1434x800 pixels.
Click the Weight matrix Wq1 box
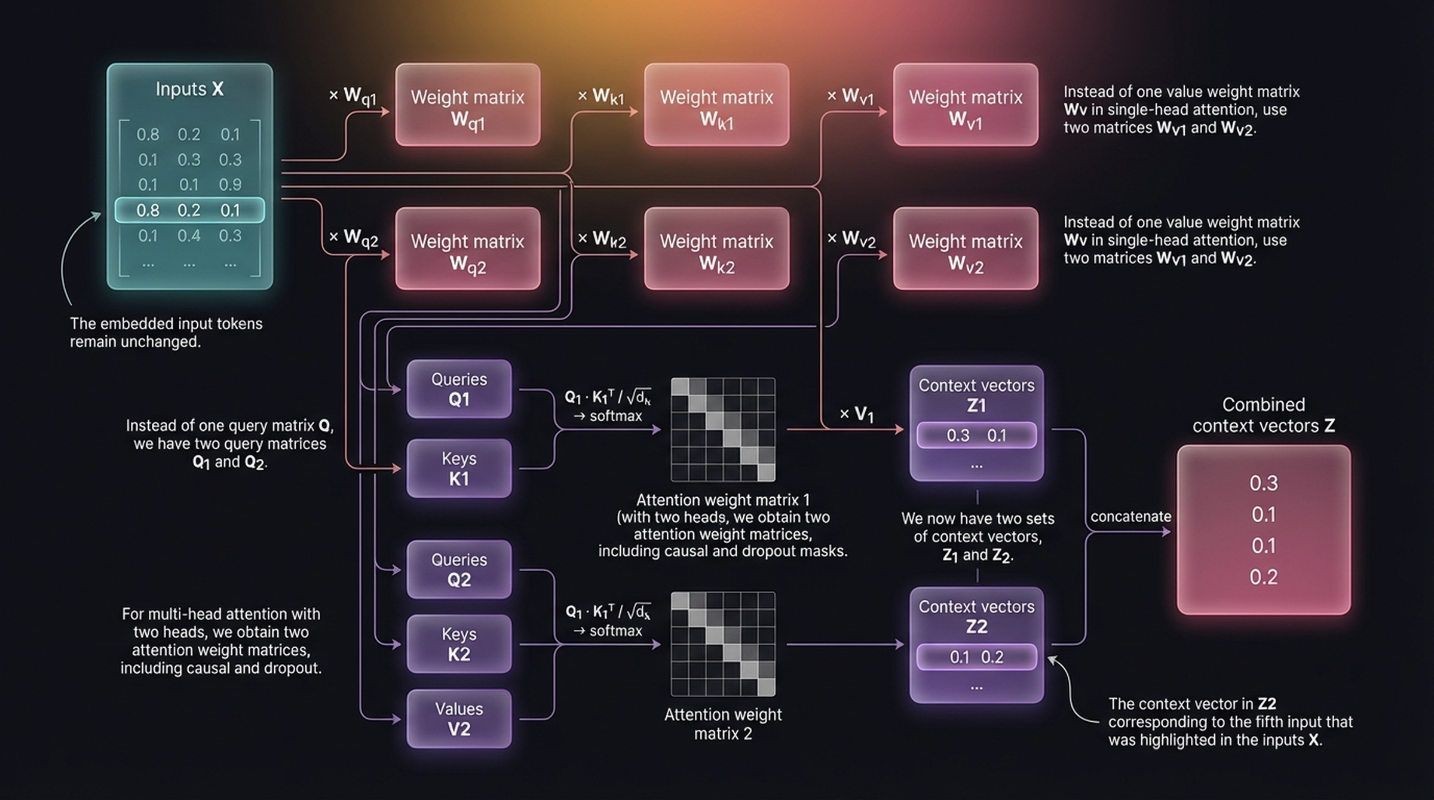467,105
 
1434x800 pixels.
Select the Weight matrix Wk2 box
716,249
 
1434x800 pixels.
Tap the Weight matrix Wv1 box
966,105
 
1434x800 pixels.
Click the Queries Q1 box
459,389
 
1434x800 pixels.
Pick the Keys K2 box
459,644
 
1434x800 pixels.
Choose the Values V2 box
459,719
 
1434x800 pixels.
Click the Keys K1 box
459,468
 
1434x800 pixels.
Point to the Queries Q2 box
459,569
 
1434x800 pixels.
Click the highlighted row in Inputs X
189,210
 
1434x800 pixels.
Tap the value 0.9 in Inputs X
230,185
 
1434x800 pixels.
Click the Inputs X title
189,89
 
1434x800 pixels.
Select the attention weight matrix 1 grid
723,430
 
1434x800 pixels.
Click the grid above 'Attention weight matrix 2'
723,644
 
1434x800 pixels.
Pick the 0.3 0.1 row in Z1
976,436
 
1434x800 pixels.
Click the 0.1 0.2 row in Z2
976,657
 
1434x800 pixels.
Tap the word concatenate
1130,517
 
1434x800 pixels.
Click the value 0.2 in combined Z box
1263,577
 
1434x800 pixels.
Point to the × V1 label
857,414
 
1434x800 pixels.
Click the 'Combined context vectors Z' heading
1263,415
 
